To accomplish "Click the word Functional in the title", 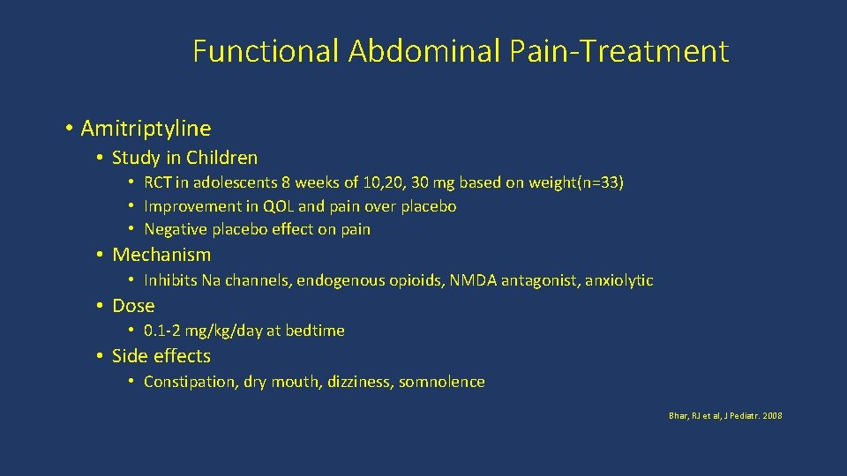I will tap(266, 51).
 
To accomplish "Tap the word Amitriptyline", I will tap(146, 129).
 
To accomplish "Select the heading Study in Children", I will tap(184, 159).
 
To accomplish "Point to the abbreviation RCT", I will tap(158, 183).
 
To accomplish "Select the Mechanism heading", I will tap(161, 255).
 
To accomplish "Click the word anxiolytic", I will tap(619, 280).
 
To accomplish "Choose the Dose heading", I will tap(133, 306).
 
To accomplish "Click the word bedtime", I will tap(315, 331).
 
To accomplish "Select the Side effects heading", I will tap(161, 356).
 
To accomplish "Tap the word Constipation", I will tap(191, 382).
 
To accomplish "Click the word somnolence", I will tap(442, 382).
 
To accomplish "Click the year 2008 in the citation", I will tap(773, 415).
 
